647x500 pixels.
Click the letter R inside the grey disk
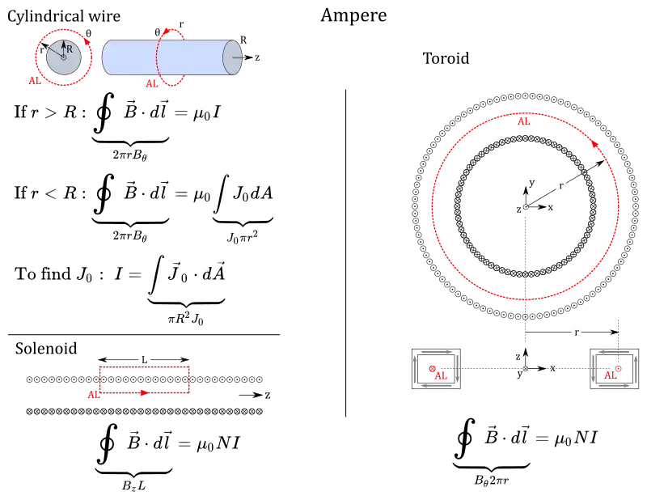click(x=70, y=49)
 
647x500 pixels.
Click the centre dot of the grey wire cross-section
click(x=63, y=57)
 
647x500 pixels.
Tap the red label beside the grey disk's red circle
click(x=34, y=79)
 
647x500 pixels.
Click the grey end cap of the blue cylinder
click(x=234, y=58)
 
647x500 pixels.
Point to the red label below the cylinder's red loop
click(x=150, y=83)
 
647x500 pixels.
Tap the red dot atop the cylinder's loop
click(x=170, y=29)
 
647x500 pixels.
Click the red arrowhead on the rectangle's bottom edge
click(x=143, y=393)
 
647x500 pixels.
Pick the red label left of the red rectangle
click(x=94, y=395)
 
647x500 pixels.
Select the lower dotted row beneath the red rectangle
click(x=146, y=413)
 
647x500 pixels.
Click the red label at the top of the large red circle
click(x=524, y=122)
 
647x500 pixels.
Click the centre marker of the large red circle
click(x=526, y=208)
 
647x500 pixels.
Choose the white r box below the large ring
click(x=576, y=333)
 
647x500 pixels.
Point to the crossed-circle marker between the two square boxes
click(x=526, y=370)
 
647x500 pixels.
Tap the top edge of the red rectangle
click(x=146, y=368)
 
